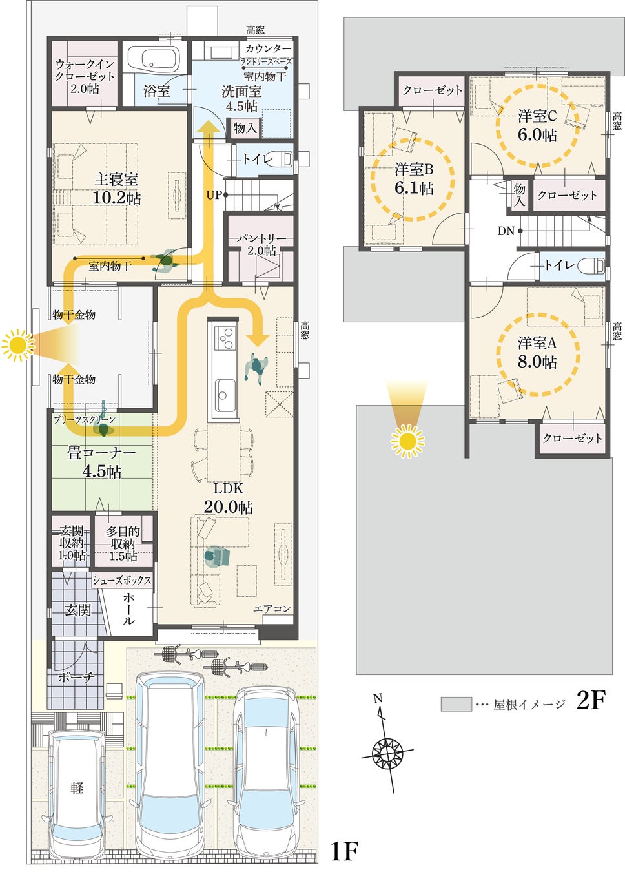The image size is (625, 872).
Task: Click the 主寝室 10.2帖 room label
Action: point(117,188)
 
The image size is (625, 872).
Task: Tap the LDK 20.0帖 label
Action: point(228,498)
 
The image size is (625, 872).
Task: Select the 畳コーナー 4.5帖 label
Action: point(101,462)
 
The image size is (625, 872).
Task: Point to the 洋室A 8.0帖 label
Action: point(537,352)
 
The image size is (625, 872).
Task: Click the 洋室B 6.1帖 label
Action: point(414,179)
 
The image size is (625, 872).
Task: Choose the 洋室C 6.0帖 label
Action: point(537,125)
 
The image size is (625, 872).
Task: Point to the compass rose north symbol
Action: point(387,752)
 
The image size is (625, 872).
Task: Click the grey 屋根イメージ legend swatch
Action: point(456,704)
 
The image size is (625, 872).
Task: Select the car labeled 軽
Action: point(77,787)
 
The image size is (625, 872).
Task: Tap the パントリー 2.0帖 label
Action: point(261,244)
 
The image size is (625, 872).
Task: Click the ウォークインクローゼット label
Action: point(85,76)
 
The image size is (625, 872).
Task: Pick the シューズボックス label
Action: point(122,580)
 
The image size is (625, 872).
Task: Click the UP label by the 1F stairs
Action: point(214,194)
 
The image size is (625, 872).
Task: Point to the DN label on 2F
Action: point(506,231)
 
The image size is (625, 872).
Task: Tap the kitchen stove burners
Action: point(226,337)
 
